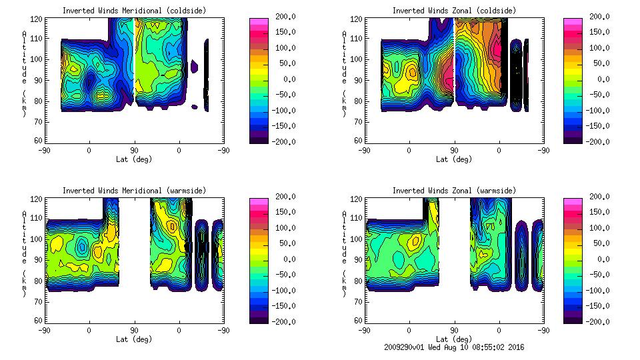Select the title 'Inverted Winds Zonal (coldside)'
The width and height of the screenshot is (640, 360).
pyautogui.click(x=453, y=11)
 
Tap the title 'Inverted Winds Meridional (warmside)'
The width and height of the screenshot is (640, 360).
pyautogui.click(x=134, y=191)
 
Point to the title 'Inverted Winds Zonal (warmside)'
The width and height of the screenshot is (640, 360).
pyautogui.click(x=453, y=191)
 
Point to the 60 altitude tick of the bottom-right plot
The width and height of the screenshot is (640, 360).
pyautogui.click(x=359, y=321)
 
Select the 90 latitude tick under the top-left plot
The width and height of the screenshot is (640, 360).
pyautogui.click(x=134, y=151)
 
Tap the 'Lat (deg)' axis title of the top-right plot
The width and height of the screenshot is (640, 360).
pyautogui.click(x=453, y=159)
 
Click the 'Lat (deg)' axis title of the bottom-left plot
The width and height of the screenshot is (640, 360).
pyautogui.click(x=134, y=339)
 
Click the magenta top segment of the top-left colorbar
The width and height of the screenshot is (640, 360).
pyautogui.click(x=259, y=21)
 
